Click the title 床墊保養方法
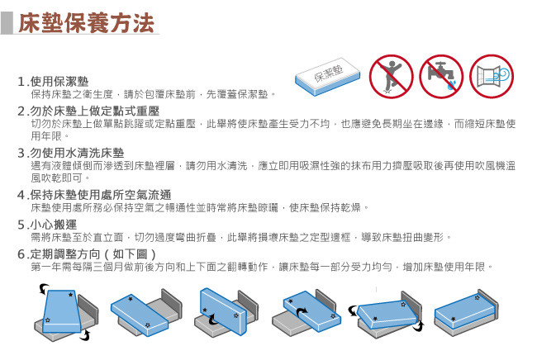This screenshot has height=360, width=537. coord(86,23)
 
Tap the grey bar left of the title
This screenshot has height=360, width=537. coord(7,23)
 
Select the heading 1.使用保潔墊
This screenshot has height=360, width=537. coord(53,82)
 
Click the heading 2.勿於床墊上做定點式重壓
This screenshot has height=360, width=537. coord(88,111)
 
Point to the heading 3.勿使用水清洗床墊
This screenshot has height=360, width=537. coord(71,153)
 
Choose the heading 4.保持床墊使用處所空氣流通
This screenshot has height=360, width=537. coord(94,195)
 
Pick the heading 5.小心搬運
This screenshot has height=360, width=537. coord(47,225)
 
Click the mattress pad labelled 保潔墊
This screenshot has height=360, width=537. coord(328,77)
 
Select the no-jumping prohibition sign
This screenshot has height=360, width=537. coord(391,77)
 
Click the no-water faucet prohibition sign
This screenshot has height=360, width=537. coord(441,77)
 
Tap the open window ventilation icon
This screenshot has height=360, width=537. coord(492,77)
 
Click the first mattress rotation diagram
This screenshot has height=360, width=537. coord(66,312)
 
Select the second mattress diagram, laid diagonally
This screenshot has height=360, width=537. coord(146,313)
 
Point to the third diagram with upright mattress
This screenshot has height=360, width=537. coord(226,312)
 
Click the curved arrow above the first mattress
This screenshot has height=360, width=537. coord(43,289)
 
